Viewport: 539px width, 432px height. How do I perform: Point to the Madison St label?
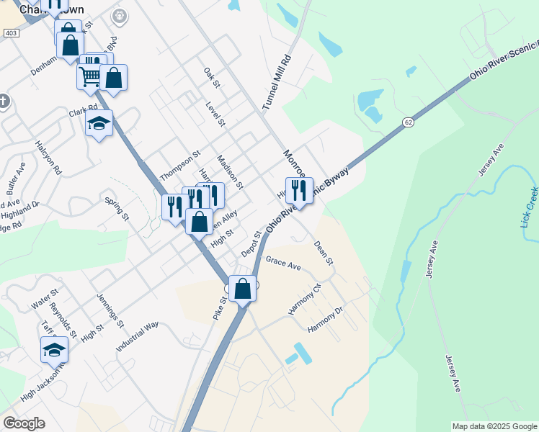[230, 172]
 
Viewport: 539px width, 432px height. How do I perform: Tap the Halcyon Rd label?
[48, 158]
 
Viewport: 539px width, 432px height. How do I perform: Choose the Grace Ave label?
[282, 264]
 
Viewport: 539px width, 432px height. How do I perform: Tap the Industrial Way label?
[138, 336]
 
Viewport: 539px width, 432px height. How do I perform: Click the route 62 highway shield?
[408, 122]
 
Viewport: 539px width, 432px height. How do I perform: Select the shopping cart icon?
[90, 76]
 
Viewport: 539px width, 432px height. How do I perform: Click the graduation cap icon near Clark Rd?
[99, 122]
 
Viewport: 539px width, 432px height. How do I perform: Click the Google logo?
[24, 423]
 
